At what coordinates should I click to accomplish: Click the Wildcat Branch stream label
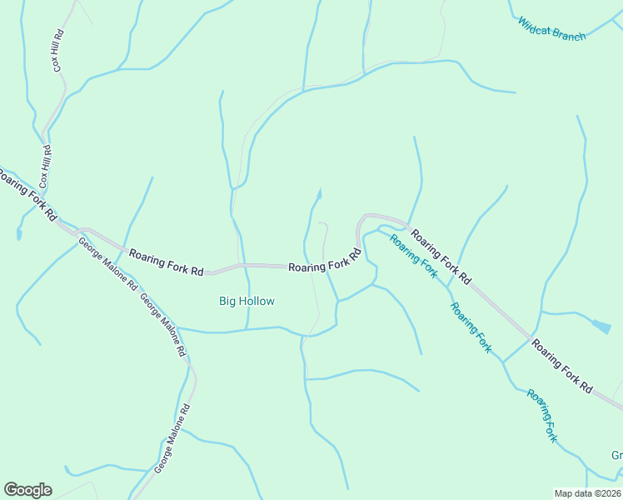click(x=551, y=29)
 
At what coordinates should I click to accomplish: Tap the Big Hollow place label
click(x=247, y=301)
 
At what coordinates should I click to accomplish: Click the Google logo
click(x=27, y=490)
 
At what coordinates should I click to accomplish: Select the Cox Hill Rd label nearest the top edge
click(x=58, y=52)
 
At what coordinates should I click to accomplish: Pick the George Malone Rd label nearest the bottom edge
click(x=172, y=441)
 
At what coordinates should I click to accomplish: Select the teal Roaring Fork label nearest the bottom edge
click(x=542, y=414)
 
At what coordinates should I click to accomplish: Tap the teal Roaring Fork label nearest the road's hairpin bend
click(x=414, y=256)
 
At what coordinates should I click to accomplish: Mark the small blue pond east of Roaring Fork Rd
click(x=601, y=326)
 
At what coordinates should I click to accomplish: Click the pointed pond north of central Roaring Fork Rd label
click(x=317, y=197)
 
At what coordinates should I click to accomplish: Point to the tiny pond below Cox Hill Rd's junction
click(x=18, y=234)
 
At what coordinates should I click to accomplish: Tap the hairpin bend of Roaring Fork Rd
click(x=360, y=222)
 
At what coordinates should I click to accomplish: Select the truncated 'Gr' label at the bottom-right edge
click(x=616, y=456)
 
